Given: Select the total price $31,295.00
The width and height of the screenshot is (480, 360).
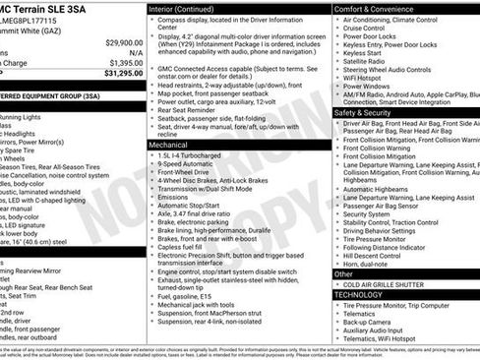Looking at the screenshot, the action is coord(116,72).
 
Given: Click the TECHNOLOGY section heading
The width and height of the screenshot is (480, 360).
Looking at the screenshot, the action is coord(358,294).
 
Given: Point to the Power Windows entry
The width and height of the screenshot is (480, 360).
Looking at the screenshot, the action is coord(367,86).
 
